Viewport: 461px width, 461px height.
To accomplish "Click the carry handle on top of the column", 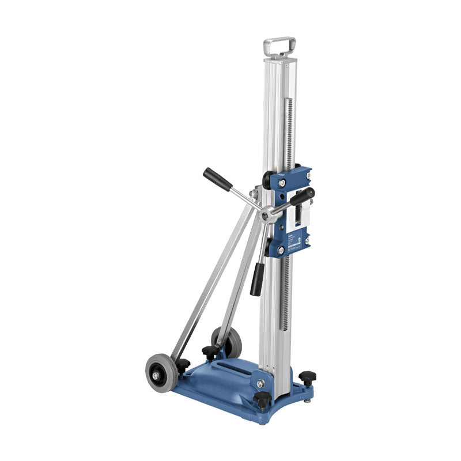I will [279, 45].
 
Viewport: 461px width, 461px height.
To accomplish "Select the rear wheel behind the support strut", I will [231, 341].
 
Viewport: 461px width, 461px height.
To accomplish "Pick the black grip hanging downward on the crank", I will [258, 282].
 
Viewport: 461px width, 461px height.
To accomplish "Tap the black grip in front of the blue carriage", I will [302, 197].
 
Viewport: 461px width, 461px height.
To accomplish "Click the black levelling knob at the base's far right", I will [307, 378].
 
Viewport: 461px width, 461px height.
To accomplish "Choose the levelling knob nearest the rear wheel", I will [210, 351].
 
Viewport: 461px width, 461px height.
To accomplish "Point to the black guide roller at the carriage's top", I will [269, 180].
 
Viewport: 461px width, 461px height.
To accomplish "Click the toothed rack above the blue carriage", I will [289, 133].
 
